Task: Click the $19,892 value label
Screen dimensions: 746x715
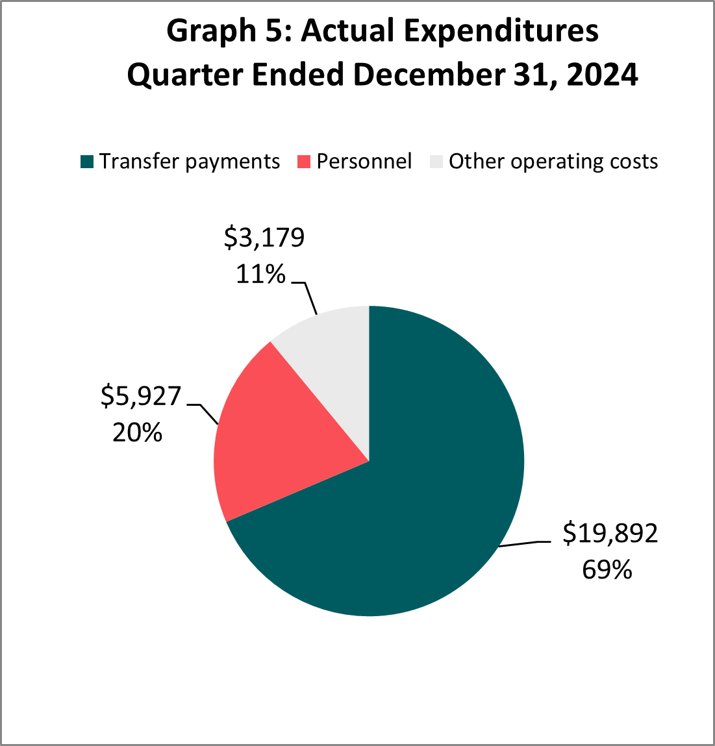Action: [610, 534]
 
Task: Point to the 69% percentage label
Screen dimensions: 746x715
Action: [607, 569]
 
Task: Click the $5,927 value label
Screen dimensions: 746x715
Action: [140, 395]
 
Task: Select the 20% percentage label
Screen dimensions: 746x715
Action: [137, 432]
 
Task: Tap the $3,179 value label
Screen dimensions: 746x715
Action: [264, 238]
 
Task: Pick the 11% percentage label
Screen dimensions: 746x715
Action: [260, 275]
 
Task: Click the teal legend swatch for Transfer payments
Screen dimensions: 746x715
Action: [87, 162]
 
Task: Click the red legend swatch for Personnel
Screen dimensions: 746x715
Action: [303, 162]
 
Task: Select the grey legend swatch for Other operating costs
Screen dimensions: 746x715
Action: [436, 162]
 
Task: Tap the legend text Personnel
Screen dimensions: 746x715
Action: [364, 162]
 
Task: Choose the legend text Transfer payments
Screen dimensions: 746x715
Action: [190, 162]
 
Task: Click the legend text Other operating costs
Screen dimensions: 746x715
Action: [553, 162]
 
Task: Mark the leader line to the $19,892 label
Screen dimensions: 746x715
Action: [526, 543]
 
